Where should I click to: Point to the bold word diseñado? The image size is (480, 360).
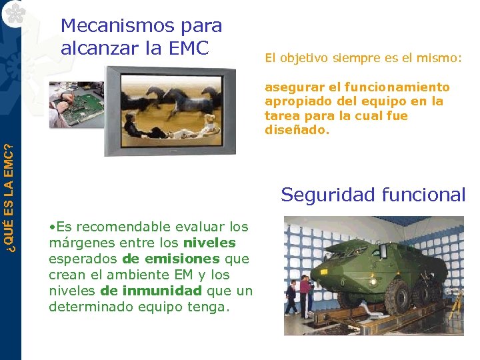point(297,130)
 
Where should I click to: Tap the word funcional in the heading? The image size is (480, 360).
point(424,195)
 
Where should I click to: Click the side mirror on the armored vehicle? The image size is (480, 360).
point(383,252)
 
